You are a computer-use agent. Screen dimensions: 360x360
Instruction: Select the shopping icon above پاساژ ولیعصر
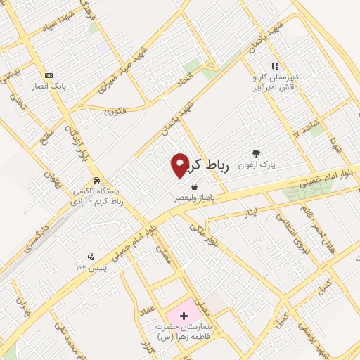pos(193,186)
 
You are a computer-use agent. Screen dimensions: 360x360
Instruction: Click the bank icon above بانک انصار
pos(49,75)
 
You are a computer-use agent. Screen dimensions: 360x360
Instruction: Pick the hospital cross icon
pos(184,316)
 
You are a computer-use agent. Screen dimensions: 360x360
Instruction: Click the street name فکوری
pos(115,111)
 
